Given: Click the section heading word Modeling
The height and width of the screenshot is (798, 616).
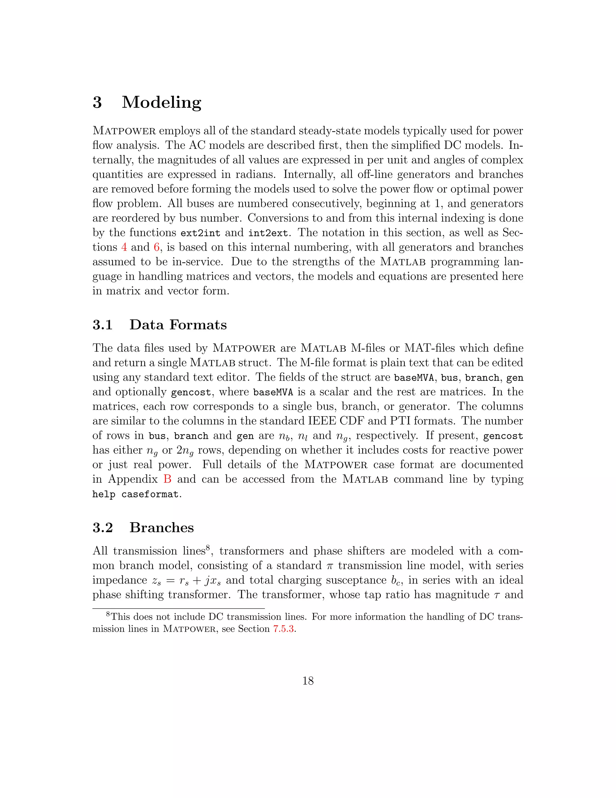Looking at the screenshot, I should pyautogui.click(x=161, y=102).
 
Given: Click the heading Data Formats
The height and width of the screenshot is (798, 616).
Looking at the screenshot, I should pyautogui.click(x=178, y=325).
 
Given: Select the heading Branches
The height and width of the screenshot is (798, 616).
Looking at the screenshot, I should pyautogui.click(x=161, y=528).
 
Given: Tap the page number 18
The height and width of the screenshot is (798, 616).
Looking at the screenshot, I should pyautogui.click(x=308, y=681).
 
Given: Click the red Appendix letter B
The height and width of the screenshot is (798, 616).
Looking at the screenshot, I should pyautogui.click(x=167, y=479).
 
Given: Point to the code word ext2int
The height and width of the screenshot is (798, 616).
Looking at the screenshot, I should pyautogui.click(x=200, y=233).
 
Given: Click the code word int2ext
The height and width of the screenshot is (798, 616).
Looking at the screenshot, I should pyautogui.click(x=268, y=233).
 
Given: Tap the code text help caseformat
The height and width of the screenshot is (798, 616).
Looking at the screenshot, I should pyautogui.click(x=135, y=494).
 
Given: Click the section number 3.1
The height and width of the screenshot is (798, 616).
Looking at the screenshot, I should pyautogui.click(x=103, y=325).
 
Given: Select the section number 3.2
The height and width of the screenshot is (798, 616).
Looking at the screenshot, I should pyautogui.click(x=103, y=528).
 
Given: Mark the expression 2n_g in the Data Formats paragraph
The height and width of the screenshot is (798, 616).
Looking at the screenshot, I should pyautogui.click(x=185, y=451).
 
